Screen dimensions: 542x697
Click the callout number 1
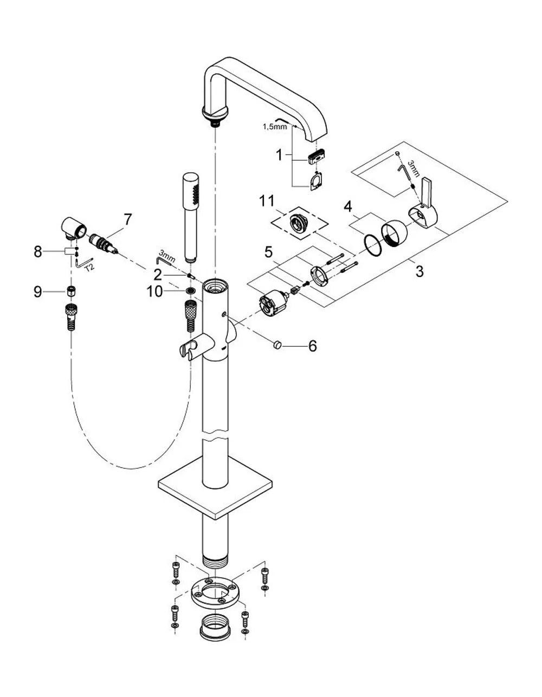pos(280,155)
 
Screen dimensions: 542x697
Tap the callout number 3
pos(420,271)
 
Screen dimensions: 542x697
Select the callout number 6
pos(312,346)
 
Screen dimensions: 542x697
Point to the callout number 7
pos(128,220)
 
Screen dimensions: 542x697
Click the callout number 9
pos(38,292)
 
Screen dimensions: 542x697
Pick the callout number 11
pos(267,201)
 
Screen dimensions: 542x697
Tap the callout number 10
pos(154,292)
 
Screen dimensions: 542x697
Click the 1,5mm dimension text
pos(275,127)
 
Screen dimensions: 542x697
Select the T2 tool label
pos(89,267)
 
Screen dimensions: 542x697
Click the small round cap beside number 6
pos(276,345)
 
